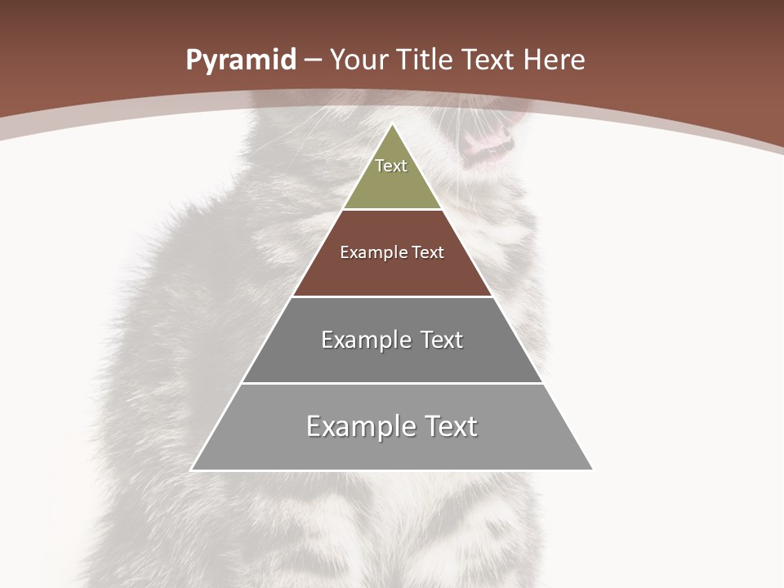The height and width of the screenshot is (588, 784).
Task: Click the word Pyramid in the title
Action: pos(241,60)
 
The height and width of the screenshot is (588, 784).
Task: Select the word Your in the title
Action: pos(359,60)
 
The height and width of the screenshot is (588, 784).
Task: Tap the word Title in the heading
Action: pos(426,60)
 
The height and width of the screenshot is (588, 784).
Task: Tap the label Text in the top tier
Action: pos(391,166)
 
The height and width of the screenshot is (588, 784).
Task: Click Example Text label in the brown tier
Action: pos(392,252)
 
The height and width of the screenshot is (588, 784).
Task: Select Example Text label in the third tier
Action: pos(392,340)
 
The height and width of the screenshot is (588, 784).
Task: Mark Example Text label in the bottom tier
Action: pos(392,426)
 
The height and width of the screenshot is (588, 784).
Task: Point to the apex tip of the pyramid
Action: pos(393,125)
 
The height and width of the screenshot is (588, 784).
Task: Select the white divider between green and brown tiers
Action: pos(392,209)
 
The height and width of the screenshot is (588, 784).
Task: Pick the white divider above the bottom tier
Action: pos(392,383)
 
